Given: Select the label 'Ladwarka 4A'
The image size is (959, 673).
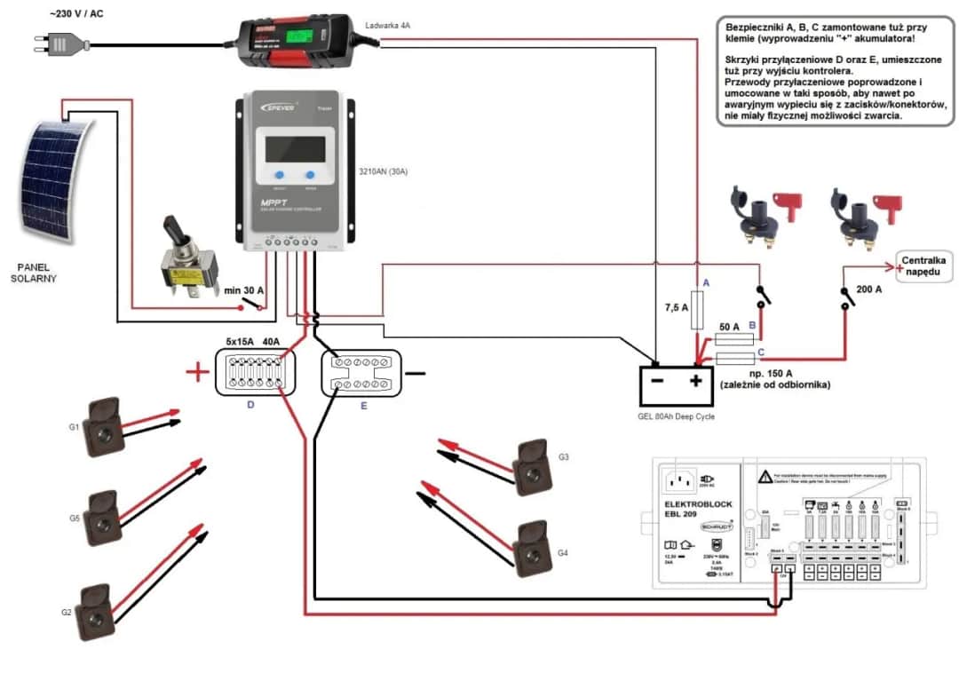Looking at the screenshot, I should pyautogui.click(x=388, y=27).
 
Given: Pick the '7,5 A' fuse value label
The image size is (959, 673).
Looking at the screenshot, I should pyautogui.click(x=677, y=308).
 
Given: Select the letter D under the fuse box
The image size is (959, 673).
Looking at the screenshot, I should pyautogui.click(x=250, y=405).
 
